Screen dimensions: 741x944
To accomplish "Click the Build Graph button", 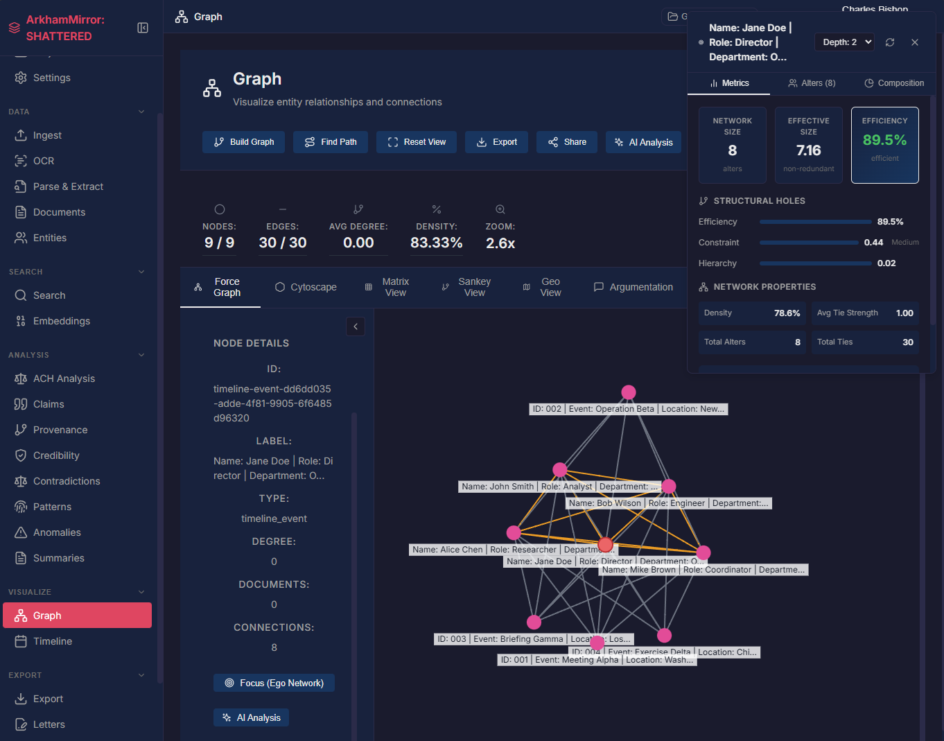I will (x=243, y=142).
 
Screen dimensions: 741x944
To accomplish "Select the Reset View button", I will (x=416, y=142).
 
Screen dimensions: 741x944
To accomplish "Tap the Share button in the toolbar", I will (x=567, y=142).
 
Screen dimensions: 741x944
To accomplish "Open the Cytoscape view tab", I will (x=306, y=287).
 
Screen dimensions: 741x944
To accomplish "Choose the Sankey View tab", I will (x=466, y=287).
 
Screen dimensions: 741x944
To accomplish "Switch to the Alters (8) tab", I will (x=812, y=83).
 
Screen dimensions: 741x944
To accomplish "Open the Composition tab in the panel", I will (x=894, y=83).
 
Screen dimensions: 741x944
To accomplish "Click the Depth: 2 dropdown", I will (x=844, y=42).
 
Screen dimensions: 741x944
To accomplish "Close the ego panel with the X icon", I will (x=915, y=42).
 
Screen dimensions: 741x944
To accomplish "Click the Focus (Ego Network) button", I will (x=274, y=683).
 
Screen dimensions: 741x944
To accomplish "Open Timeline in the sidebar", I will (x=53, y=641).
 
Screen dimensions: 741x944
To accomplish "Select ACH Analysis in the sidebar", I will (x=64, y=378).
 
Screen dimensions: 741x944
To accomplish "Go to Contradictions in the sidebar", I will (x=67, y=481).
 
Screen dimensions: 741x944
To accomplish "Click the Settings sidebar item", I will (x=51, y=78).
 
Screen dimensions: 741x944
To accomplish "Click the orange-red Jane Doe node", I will (x=605, y=544).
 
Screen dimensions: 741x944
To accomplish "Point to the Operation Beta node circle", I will (x=629, y=392).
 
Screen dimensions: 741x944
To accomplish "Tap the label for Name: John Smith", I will (x=498, y=487).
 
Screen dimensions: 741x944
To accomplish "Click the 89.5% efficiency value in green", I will (x=884, y=140).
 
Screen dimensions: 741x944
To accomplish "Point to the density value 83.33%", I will (x=436, y=243).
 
